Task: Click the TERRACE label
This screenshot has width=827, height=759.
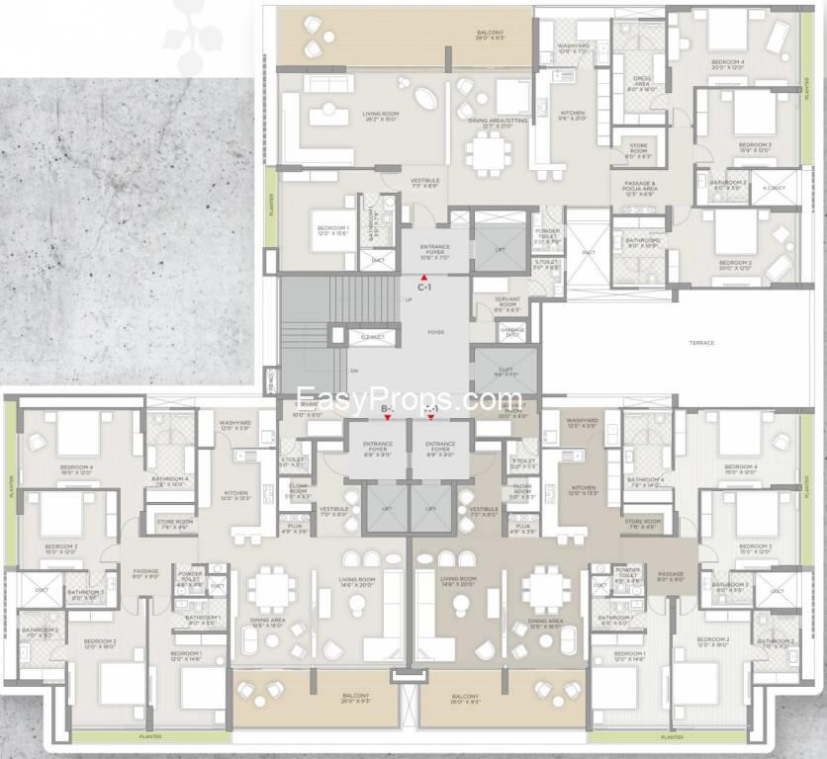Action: [x=701, y=343]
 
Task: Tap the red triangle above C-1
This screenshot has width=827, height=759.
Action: [x=422, y=277]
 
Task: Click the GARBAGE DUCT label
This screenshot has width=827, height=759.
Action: [x=512, y=334]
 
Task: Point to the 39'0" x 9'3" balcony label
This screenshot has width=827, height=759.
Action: [x=491, y=37]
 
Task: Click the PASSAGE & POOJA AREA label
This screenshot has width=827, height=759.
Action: [x=641, y=188]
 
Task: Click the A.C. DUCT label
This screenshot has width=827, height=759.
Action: [x=775, y=188]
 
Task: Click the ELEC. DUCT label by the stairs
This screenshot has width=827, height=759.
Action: [x=372, y=337]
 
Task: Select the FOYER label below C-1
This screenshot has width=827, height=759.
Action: [x=435, y=333]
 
